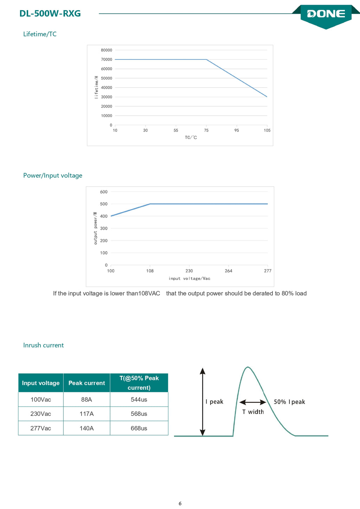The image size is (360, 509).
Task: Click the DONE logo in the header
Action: click(x=326, y=14)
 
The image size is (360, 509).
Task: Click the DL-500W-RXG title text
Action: click(x=50, y=14)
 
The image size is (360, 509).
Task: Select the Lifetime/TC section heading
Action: click(x=40, y=34)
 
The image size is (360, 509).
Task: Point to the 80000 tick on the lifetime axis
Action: click(x=107, y=50)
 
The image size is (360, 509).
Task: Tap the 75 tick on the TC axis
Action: click(x=206, y=130)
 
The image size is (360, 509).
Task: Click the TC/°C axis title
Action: click(x=191, y=138)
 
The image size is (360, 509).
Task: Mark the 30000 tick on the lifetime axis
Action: click(x=107, y=97)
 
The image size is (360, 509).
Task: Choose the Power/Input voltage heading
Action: click(x=53, y=176)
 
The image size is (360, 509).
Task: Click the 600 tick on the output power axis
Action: click(x=104, y=192)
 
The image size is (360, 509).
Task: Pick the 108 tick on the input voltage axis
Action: click(x=150, y=271)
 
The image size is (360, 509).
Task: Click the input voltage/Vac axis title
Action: click(x=189, y=279)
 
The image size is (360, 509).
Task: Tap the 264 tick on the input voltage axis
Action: click(x=229, y=271)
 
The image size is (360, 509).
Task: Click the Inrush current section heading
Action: click(x=43, y=345)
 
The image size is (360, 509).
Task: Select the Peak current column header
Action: click(x=87, y=383)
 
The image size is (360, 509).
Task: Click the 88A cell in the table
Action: click(x=86, y=400)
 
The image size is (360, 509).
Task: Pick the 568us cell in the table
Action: click(x=139, y=414)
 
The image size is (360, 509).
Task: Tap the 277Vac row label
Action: click(x=41, y=428)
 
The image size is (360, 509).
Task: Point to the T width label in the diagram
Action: click(x=253, y=412)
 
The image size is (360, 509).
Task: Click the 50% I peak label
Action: click(x=289, y=402)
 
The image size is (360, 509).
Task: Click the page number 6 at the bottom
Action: click(x=180, y=503)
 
